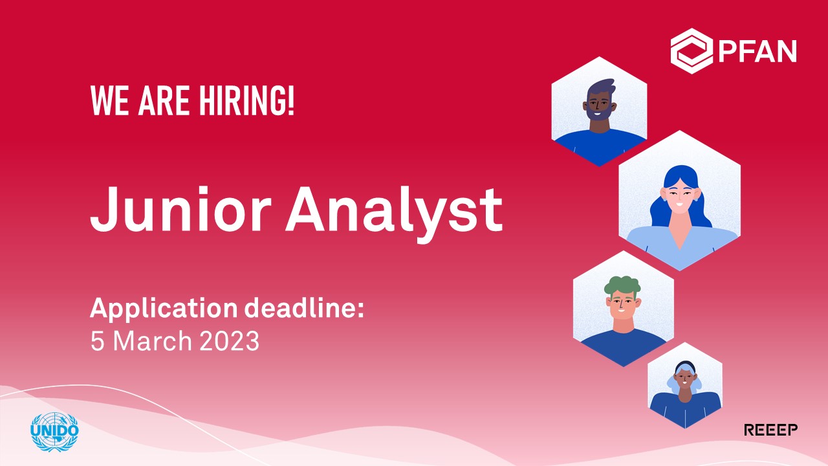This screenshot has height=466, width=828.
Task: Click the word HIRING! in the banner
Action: [x=247, y=100]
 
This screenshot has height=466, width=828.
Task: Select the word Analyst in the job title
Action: [x=394, y=214]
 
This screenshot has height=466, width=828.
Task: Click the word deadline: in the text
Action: [x=304, y=307]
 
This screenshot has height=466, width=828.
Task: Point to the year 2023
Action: [x=229, y=341]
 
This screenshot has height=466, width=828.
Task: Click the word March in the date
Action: [x=152, y=341]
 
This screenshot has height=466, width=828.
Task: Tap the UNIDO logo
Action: [x=55, y=432]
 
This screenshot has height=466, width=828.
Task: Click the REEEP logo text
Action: [x=770, y=430]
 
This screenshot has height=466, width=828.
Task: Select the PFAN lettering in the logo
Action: [x=757, y=51]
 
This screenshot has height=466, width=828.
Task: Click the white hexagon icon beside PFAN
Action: [x=692, y=51]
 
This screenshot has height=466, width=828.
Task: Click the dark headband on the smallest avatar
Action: [x=685, y=366]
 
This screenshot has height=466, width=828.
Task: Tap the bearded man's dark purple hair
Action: [x=601, y=88]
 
